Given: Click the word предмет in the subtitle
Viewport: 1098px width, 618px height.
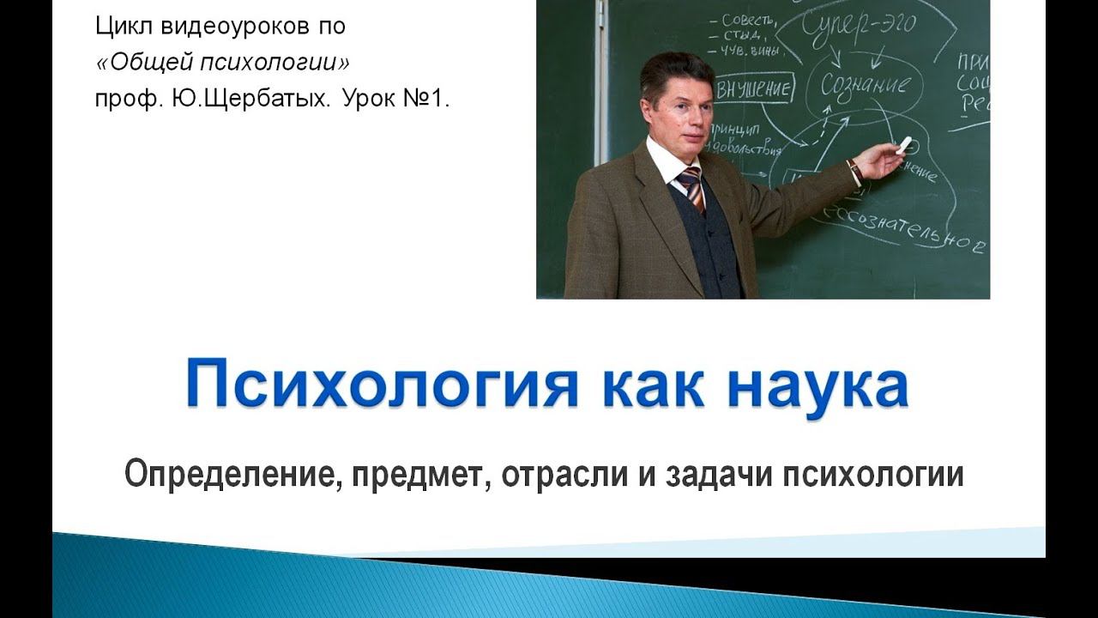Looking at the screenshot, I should click(415, 475).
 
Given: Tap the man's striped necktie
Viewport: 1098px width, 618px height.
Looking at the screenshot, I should click(691, 188).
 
